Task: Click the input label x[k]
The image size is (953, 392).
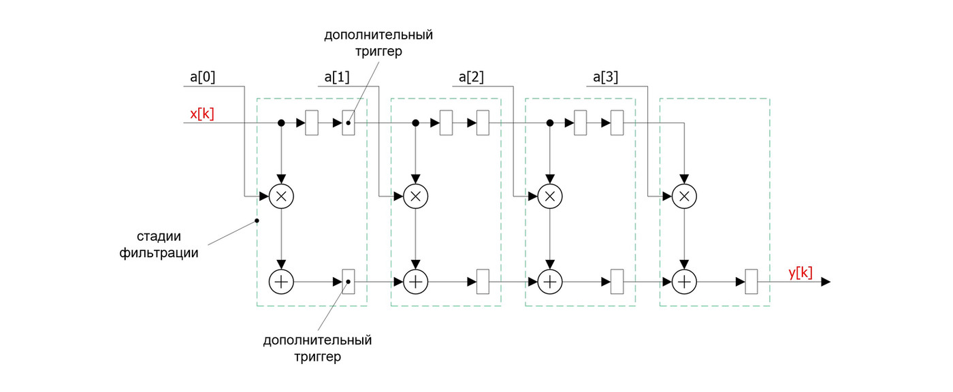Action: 203,114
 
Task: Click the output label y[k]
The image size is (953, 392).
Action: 801,272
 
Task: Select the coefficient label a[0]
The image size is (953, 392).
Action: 203,77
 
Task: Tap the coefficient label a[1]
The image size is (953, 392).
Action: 337,77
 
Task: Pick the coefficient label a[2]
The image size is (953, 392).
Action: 472,77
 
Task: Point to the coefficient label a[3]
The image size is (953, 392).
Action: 606,77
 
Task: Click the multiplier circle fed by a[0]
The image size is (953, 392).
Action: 281,196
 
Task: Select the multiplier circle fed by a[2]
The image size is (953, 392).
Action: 551,196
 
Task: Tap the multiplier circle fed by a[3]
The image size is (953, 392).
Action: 685,196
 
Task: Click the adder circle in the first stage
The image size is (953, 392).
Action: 281,281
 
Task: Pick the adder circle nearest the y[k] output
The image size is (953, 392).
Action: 685,281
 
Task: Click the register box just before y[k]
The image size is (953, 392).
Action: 752,281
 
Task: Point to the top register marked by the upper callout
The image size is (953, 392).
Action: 349,123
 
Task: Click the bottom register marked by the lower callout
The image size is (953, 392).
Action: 347,281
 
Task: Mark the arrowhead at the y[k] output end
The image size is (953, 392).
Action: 825,281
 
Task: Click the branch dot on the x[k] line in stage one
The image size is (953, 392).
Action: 281,123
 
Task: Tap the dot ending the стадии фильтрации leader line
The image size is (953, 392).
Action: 257,220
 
